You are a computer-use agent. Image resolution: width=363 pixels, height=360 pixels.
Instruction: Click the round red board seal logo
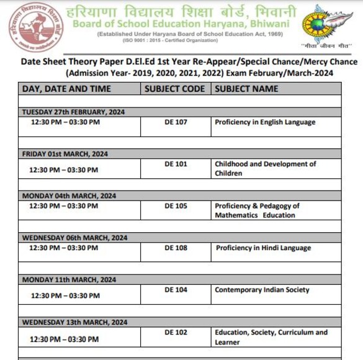[27, 27]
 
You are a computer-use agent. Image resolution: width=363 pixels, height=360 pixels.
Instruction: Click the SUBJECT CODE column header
[174, 89]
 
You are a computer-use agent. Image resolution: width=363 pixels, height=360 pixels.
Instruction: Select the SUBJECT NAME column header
[246, 89]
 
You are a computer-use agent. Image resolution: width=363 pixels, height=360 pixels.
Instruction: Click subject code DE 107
[176, 122]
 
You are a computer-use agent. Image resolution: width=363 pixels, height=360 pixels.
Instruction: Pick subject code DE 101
[176, 164]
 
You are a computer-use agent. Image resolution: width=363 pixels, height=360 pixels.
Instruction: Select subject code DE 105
[176, 205]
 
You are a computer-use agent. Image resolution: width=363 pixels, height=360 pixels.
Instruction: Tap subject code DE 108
[176, 248]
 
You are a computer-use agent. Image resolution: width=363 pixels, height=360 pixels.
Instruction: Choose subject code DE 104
[176, 290]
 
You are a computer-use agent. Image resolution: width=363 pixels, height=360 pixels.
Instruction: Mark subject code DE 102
[176, 333]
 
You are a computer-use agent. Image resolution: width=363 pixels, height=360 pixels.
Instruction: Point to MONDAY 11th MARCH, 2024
[69, 280]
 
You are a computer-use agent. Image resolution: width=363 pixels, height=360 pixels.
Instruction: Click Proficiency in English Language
[265, 122]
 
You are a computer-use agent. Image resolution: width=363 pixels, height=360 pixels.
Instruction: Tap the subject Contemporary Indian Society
[262, 290]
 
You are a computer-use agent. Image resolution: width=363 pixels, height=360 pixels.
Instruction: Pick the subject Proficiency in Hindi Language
[264, 248]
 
